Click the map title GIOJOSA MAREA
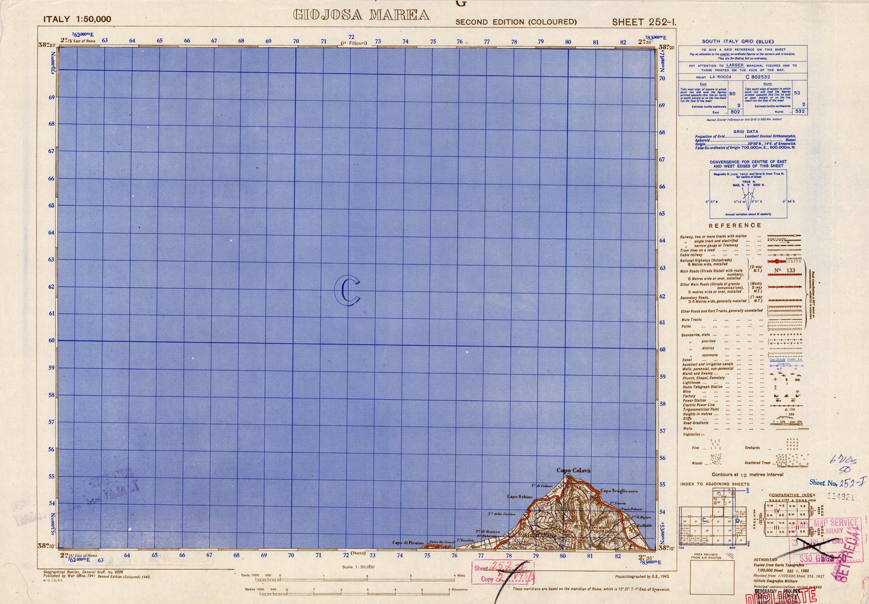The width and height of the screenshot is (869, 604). [362, 15]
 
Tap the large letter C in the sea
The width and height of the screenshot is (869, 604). [347, 290]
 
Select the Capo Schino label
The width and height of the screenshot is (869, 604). [520, 497]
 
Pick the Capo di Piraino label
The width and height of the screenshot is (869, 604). [408, 543]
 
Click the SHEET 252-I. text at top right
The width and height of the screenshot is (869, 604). [644, 22]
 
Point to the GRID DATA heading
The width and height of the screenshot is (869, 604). [735, 132]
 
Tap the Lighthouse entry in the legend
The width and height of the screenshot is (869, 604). [691, 382]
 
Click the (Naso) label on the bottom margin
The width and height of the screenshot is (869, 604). [358, 553]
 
